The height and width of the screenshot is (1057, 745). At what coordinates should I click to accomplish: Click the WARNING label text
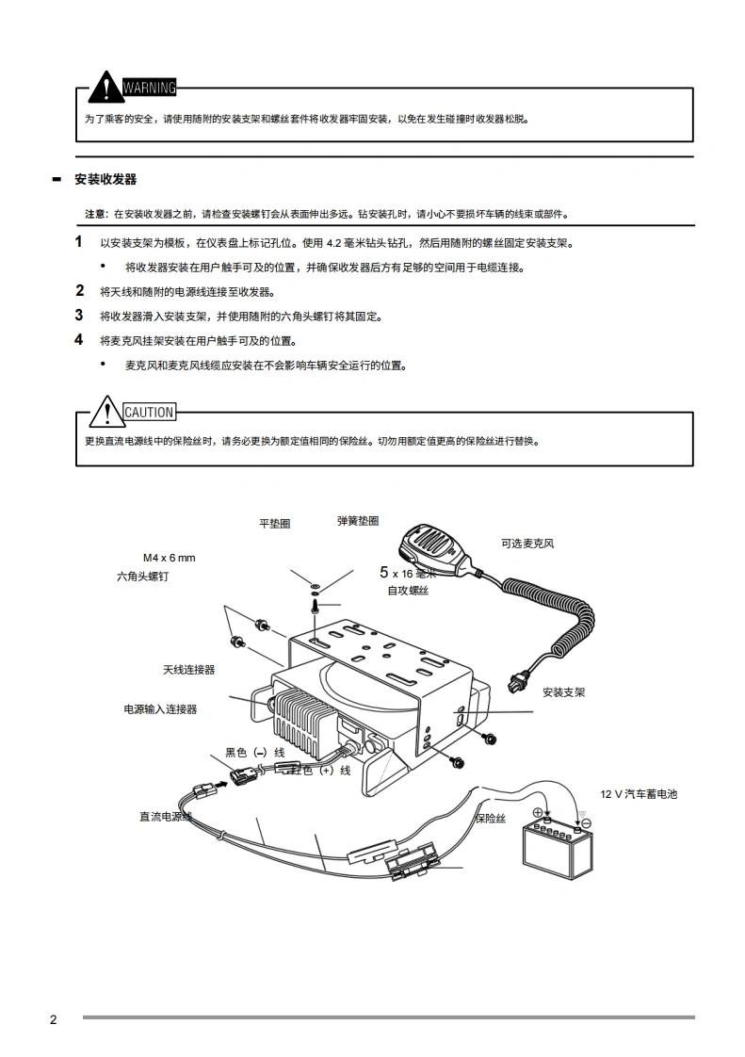(150, 89)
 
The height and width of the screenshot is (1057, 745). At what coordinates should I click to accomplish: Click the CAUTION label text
(149, 412)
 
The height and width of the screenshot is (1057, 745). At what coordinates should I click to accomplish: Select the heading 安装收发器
(105, 179)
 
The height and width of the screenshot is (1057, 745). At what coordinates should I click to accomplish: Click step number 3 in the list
(79, 316)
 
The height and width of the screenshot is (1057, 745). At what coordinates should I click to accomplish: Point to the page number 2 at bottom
(54, 1019)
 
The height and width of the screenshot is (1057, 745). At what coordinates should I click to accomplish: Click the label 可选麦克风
(527, 544)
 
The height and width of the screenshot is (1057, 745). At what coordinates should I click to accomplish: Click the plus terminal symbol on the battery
(538, 813)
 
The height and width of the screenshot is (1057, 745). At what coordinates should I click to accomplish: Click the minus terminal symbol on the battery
(586, 822)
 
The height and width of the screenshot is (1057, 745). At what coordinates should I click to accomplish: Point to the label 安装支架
(563, 692)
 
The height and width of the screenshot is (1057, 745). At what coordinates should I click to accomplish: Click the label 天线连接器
(188, 670)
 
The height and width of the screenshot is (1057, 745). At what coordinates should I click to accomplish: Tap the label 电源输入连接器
(160, 709)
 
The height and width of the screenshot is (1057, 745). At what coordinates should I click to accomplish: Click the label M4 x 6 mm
(170, 557)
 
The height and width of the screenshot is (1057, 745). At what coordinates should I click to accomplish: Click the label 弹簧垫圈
(358, 520)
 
